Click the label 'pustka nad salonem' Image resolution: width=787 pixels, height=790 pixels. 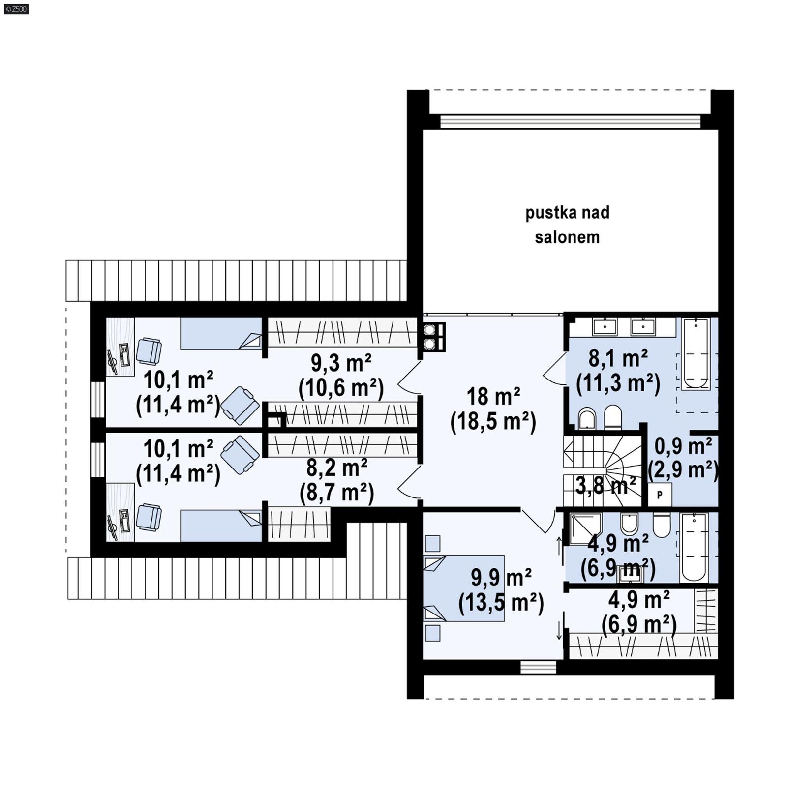pyautogui.click(x=567, y=225)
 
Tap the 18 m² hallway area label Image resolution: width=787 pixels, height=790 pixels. pyautogui.click(x=493, y=396)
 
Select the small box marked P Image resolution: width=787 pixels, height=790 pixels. pyautogui.click(x=660, y=495)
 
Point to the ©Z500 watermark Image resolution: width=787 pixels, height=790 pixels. pyautogui.click(x=16, y=8)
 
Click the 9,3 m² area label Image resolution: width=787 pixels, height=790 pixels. pyautogui.click(x=341, y=363)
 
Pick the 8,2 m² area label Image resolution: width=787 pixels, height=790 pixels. pyautogui.click(x=337, y=468)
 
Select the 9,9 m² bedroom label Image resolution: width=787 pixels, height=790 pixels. pyautogui.click(x=501, y=578)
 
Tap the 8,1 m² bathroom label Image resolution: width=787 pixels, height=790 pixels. pyautogui.click(x=618, y=358)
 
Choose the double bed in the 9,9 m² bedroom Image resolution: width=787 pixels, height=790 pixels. pyautogui.click(x=464, y=588)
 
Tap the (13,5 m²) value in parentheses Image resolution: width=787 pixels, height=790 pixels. pyautogui.click(x=501, y=603)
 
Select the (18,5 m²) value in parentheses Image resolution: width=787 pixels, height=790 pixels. pyautogui.click(x=493, y=422)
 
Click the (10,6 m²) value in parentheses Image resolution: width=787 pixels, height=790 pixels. pyautogui.click(x=341, y=388)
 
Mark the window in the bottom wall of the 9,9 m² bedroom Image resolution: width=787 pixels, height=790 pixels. pyautogui.click(x=538, y=667)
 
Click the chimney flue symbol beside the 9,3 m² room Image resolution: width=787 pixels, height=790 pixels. pyautogui.click(x=432, y=337)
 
